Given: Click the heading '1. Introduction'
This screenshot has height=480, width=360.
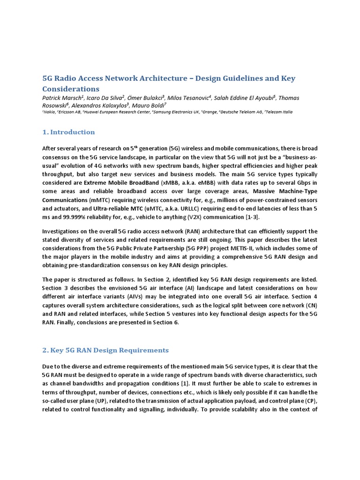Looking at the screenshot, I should tap(68, 132).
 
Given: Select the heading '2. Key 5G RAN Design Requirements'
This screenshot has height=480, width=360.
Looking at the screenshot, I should tap(105, 350).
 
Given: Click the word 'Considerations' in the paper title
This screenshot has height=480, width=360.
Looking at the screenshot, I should tap(71, 89).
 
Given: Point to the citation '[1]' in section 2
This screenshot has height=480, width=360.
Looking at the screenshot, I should tap(172, 383).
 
